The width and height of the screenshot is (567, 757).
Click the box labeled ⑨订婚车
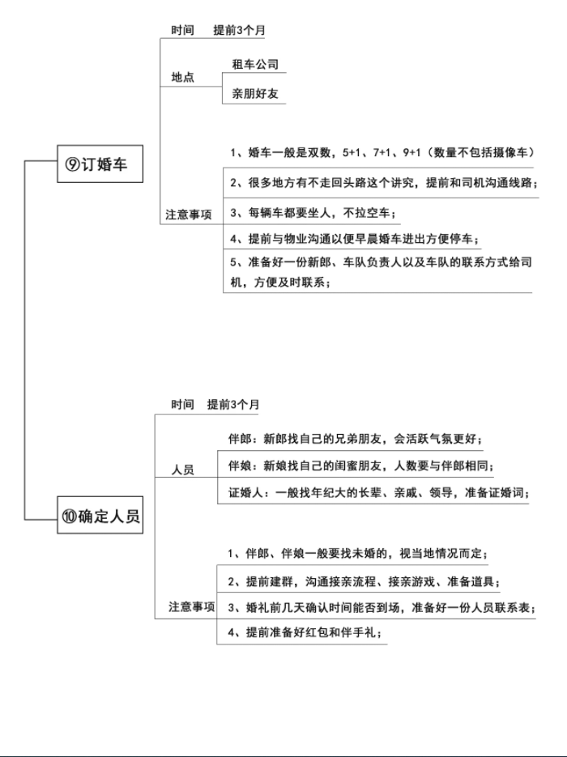click(100, 164)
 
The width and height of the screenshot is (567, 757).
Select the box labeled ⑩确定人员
click(100, 515)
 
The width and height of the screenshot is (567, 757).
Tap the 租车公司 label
click(255, 64)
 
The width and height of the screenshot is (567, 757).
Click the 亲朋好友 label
click(255, 93)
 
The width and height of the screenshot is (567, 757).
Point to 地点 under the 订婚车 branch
click(182, 77)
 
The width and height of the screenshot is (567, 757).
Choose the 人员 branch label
click(182, 470)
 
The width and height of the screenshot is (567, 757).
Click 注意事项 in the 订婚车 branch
click(189, 215)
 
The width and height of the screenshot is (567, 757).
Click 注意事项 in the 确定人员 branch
click(191, 606)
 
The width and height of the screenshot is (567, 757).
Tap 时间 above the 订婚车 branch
click(182, 30)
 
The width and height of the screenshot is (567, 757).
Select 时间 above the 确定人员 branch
click(182, 404)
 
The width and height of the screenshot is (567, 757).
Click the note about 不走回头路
click(383, 182)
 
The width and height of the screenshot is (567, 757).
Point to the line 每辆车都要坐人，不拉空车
click(313, 213)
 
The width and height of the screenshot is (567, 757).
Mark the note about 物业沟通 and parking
click(354, 239)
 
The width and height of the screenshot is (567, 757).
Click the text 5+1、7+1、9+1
click(382, 152)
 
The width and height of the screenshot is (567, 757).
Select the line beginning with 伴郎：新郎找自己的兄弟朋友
click(355, 439)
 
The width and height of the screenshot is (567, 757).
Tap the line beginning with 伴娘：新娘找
click(360, 466)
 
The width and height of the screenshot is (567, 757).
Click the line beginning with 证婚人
click(378, 493)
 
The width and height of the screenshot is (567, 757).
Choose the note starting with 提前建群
click(364, 581)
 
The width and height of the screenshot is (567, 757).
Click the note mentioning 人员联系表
click(382, 607)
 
